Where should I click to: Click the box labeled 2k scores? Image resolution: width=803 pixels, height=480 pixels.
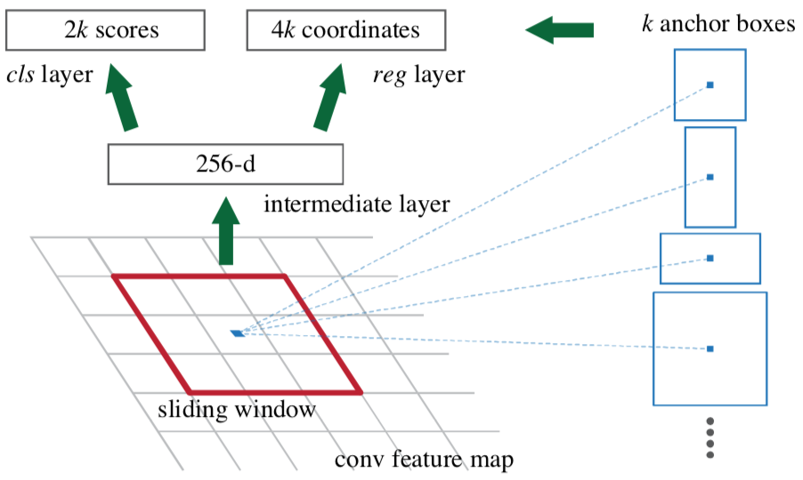click(x=112, y=31)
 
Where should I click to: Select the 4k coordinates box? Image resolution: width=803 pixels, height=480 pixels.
click(x=345, y=31)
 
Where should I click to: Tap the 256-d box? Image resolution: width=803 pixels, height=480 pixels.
click(x=224, y=164)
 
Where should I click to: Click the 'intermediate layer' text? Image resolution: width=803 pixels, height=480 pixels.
click(x=357, y=205)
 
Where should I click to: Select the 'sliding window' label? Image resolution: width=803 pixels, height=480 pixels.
click(x=236, y=411)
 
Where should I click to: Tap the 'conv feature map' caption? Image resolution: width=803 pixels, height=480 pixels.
click(x=424, y=460)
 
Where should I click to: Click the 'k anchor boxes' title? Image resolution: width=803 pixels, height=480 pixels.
click(x=718, y=24)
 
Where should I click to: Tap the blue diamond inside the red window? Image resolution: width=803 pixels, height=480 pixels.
click(x=237, y=333)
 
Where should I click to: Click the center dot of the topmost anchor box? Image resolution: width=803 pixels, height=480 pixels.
click(x=710, y=85)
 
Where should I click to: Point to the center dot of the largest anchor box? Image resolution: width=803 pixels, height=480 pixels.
click(x=710, y=348)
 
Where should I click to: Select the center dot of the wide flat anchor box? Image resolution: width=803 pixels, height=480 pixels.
click(x=710, y=258)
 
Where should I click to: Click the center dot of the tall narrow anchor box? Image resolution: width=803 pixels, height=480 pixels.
click(x=710, y=178)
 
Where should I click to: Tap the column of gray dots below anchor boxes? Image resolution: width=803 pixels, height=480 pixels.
click(x=710, y=437)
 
